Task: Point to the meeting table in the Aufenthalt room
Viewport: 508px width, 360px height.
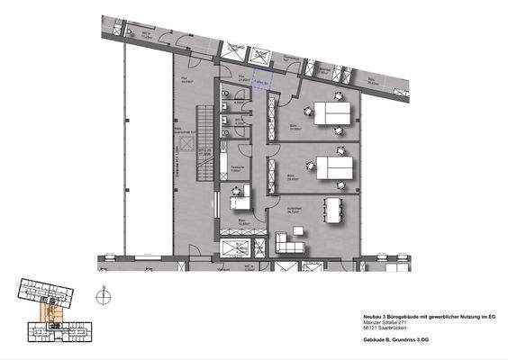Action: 335,211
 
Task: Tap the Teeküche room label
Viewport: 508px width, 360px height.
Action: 237,166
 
